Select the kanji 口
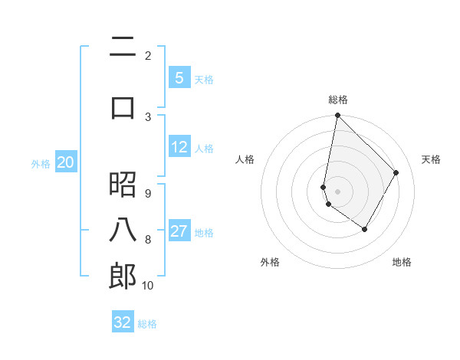tap(123, 106)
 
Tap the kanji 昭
tap(123, 184)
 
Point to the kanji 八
tap(123, 230)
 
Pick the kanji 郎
tap(123, 277)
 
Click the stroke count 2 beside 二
tap(148, 55)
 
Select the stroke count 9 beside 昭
tap(148, 193)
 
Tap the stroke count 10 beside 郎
tap(148, 286)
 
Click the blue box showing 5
tap(179, 78)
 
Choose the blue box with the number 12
tap(179, 147)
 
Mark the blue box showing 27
tap(179, 231)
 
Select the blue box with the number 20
tap(66, 162)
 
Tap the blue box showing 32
tap(123, 322)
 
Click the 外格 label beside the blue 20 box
tap(41, 163)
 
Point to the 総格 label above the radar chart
tap(338, 100)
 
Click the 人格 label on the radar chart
tap(245, 159)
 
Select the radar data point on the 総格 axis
tap(337, 116)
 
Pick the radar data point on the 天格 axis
tap(396, 173)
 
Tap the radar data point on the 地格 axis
tap(365, 229)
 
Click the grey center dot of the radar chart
tap(337, 191)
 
